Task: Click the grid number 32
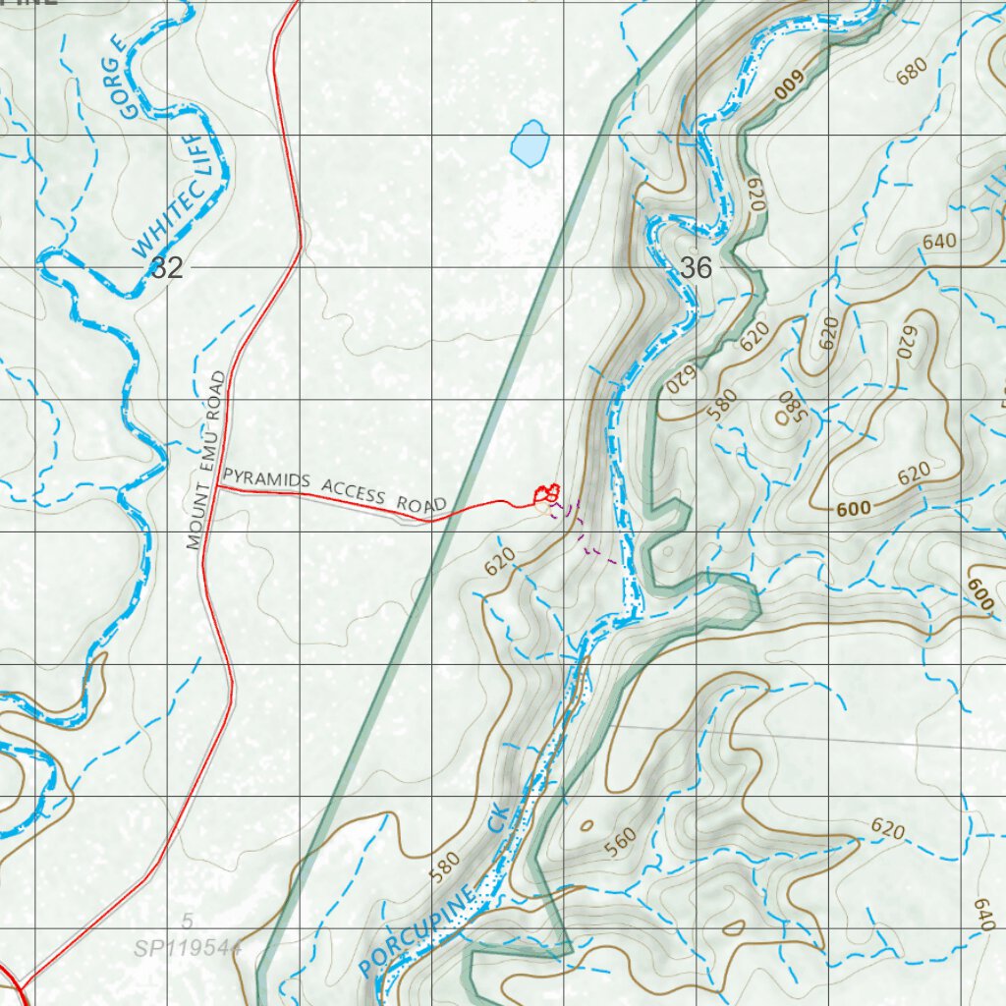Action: tap(167, 267)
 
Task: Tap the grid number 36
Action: tap(696, 267)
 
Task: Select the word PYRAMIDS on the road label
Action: tap(266, 480)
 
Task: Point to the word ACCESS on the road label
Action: tap(355, 492)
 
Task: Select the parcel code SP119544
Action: tap(188, 948)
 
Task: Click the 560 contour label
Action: tap(621, 841)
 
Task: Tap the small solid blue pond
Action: tap(530, 143)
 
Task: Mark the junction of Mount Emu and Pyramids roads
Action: tap(215, 489)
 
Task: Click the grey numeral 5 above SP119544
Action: tap(187, 922)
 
